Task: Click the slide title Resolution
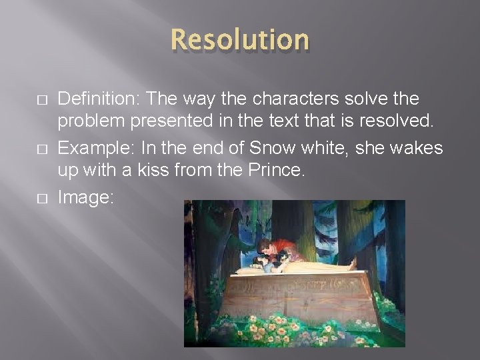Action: pos(239,40)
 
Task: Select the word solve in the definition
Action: pos(359,99)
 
